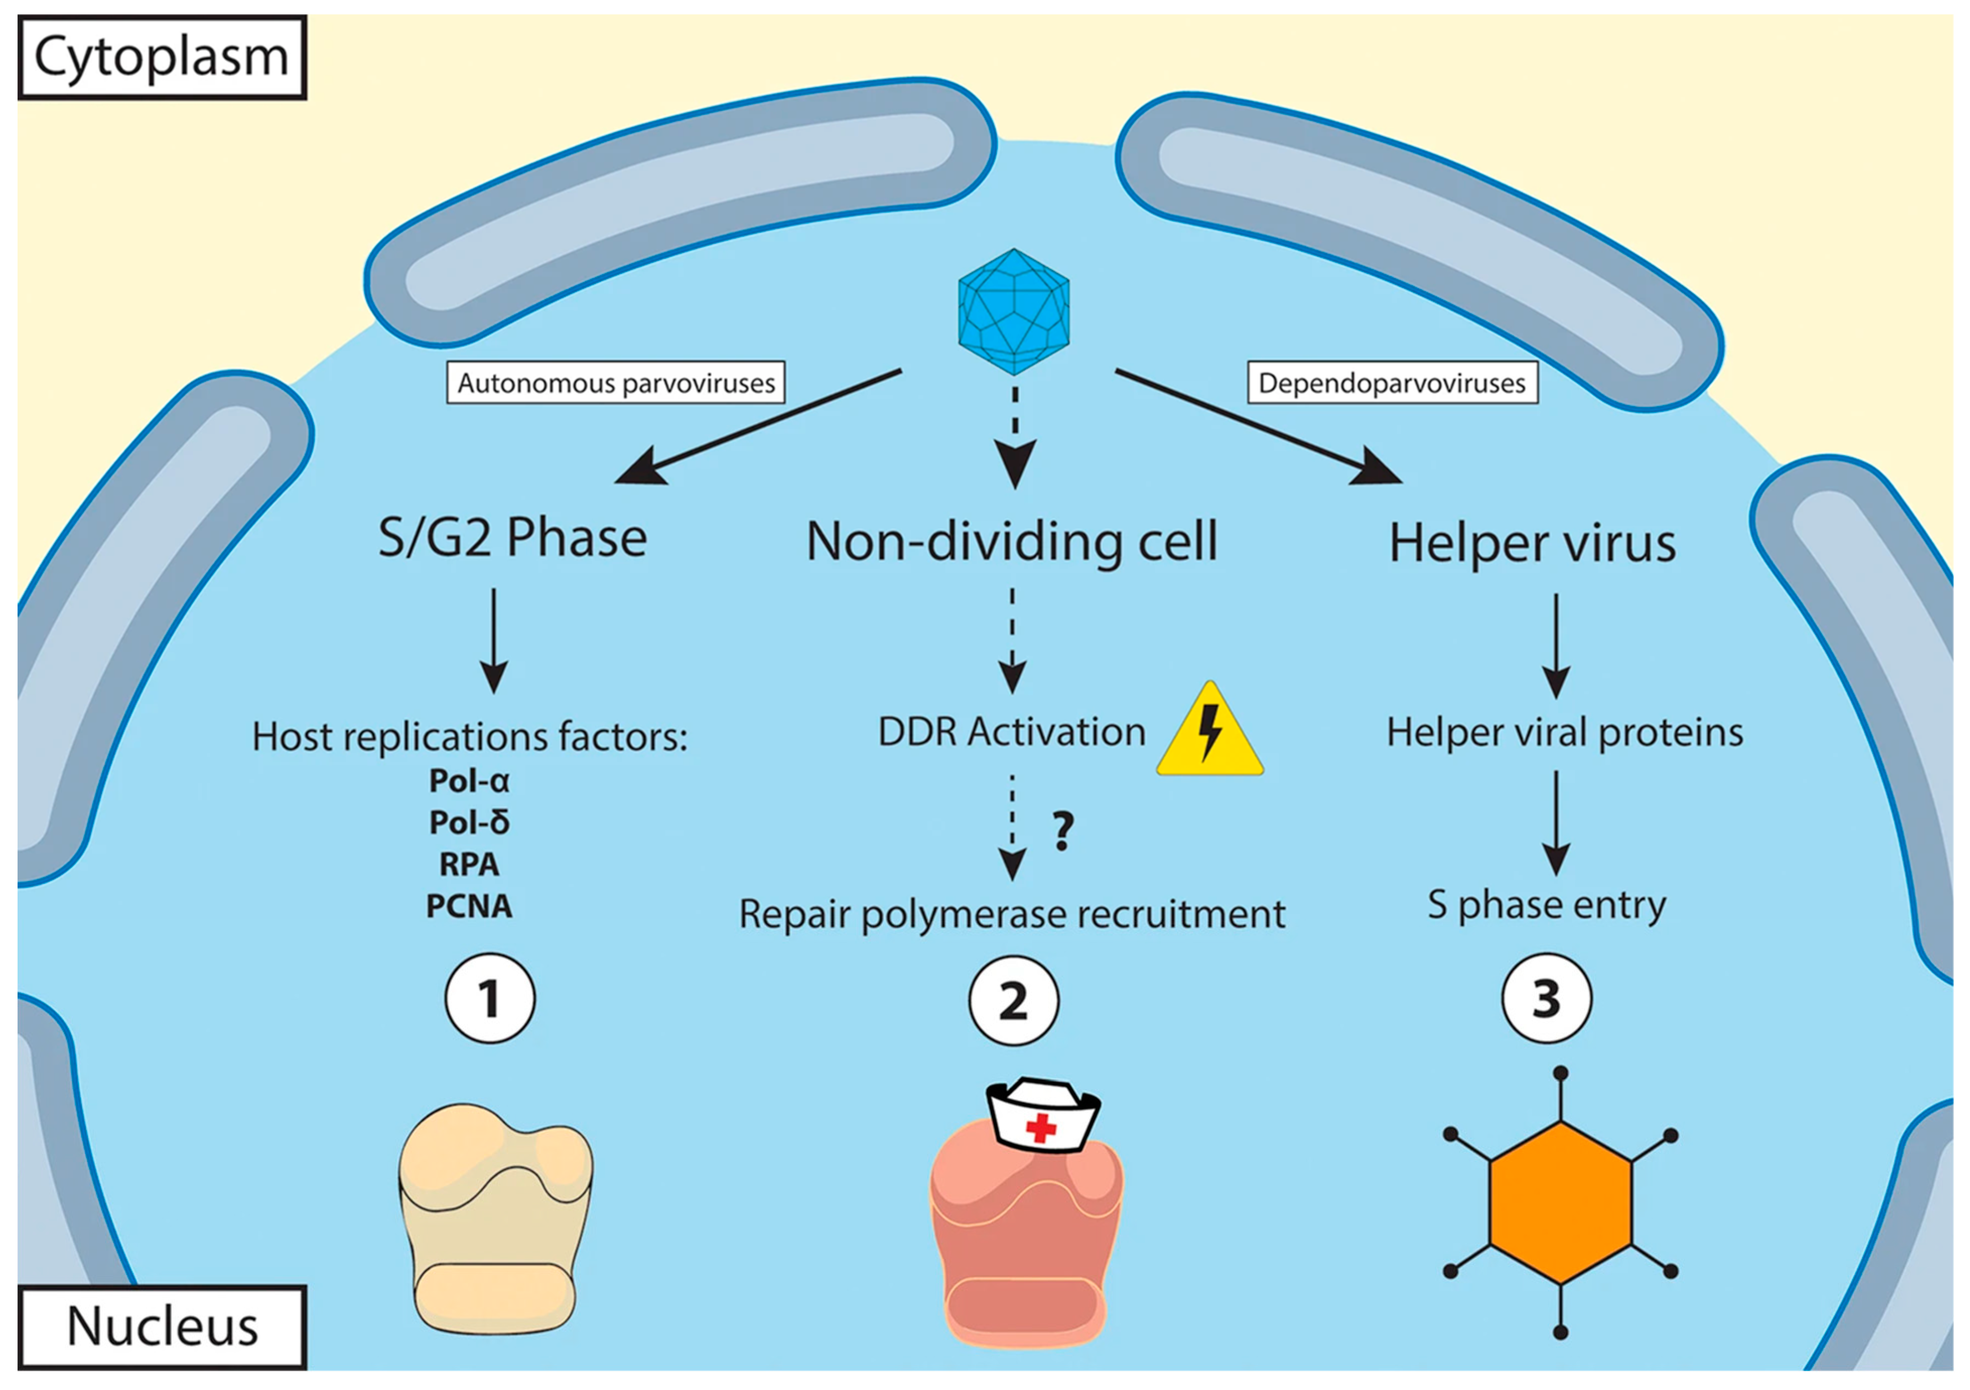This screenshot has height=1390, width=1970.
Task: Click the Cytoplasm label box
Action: tap(161, 57)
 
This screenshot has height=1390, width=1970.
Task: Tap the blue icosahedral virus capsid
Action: tap(1013, 311)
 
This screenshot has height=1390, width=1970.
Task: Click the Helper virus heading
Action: tap(1532, 544)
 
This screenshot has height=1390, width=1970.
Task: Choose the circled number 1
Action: tap(490, 999)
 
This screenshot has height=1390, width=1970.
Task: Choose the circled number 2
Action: tap(1013, 1001)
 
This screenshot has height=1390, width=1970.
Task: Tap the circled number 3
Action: tap(1546, 999)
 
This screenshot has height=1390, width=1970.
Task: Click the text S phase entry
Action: tap(1546, 905)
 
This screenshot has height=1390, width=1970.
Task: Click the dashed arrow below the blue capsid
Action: tap(1014, 438)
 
